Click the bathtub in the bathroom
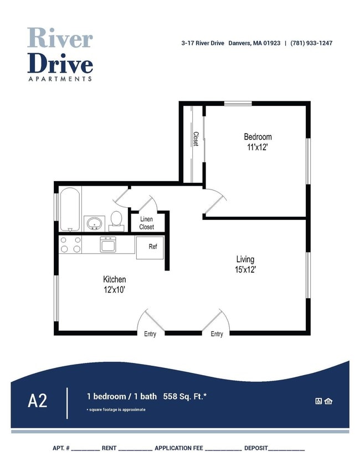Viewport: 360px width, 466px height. click(70, 209)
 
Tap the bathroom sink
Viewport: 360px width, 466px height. click(95, 223)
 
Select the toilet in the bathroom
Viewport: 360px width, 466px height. click(116, 219)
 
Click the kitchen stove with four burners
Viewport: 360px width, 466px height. click(70, 245)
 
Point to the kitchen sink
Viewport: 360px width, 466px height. click(107, 244)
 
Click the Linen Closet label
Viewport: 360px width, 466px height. click(147, 223)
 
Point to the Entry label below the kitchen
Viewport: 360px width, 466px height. click(150, 334)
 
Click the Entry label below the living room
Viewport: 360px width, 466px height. click(217, 334)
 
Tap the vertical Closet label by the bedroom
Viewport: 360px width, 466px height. click(196, 139)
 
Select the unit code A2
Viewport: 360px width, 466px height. click(38, 401)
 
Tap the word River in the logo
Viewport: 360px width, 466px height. click(60, 38)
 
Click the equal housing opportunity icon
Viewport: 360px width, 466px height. click(328, 401)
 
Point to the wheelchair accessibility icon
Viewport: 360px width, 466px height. click(318, 401)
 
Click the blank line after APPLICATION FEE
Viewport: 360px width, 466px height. click(223, 448)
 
